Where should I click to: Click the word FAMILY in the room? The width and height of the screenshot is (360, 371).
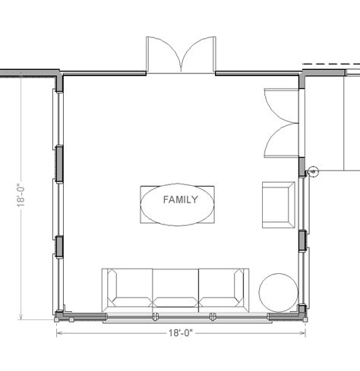point(180,200)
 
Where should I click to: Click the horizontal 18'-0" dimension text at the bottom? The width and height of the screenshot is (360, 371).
point(181,333)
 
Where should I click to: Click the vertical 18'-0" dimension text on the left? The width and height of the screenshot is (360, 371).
point(21,195)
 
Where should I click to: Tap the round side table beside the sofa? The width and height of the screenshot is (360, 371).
point(278,293)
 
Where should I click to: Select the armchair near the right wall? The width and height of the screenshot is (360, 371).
point(279,205)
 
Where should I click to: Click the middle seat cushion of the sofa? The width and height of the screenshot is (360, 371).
point(175,288)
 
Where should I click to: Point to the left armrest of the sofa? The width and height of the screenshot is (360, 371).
point(112,288)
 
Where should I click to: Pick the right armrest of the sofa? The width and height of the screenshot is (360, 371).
point(239,288)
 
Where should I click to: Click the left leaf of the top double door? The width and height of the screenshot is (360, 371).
point(164,54)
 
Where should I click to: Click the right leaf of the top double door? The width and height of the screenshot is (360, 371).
point(198,54)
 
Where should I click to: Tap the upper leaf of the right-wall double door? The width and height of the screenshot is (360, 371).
point(282,106)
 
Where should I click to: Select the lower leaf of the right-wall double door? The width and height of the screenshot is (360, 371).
point(282,140)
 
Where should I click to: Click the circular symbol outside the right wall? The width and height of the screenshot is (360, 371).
point(313,171)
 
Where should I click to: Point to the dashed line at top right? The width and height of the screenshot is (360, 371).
point(331,64)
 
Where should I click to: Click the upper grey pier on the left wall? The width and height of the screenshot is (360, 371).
point(59,164)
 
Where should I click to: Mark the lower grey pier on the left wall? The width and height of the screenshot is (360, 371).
point(59,247)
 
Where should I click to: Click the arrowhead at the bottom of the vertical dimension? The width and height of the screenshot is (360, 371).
point(21,316)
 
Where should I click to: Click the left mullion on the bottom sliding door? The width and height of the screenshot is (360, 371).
point(156,316)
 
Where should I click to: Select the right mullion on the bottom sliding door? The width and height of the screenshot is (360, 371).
point(213,316)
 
